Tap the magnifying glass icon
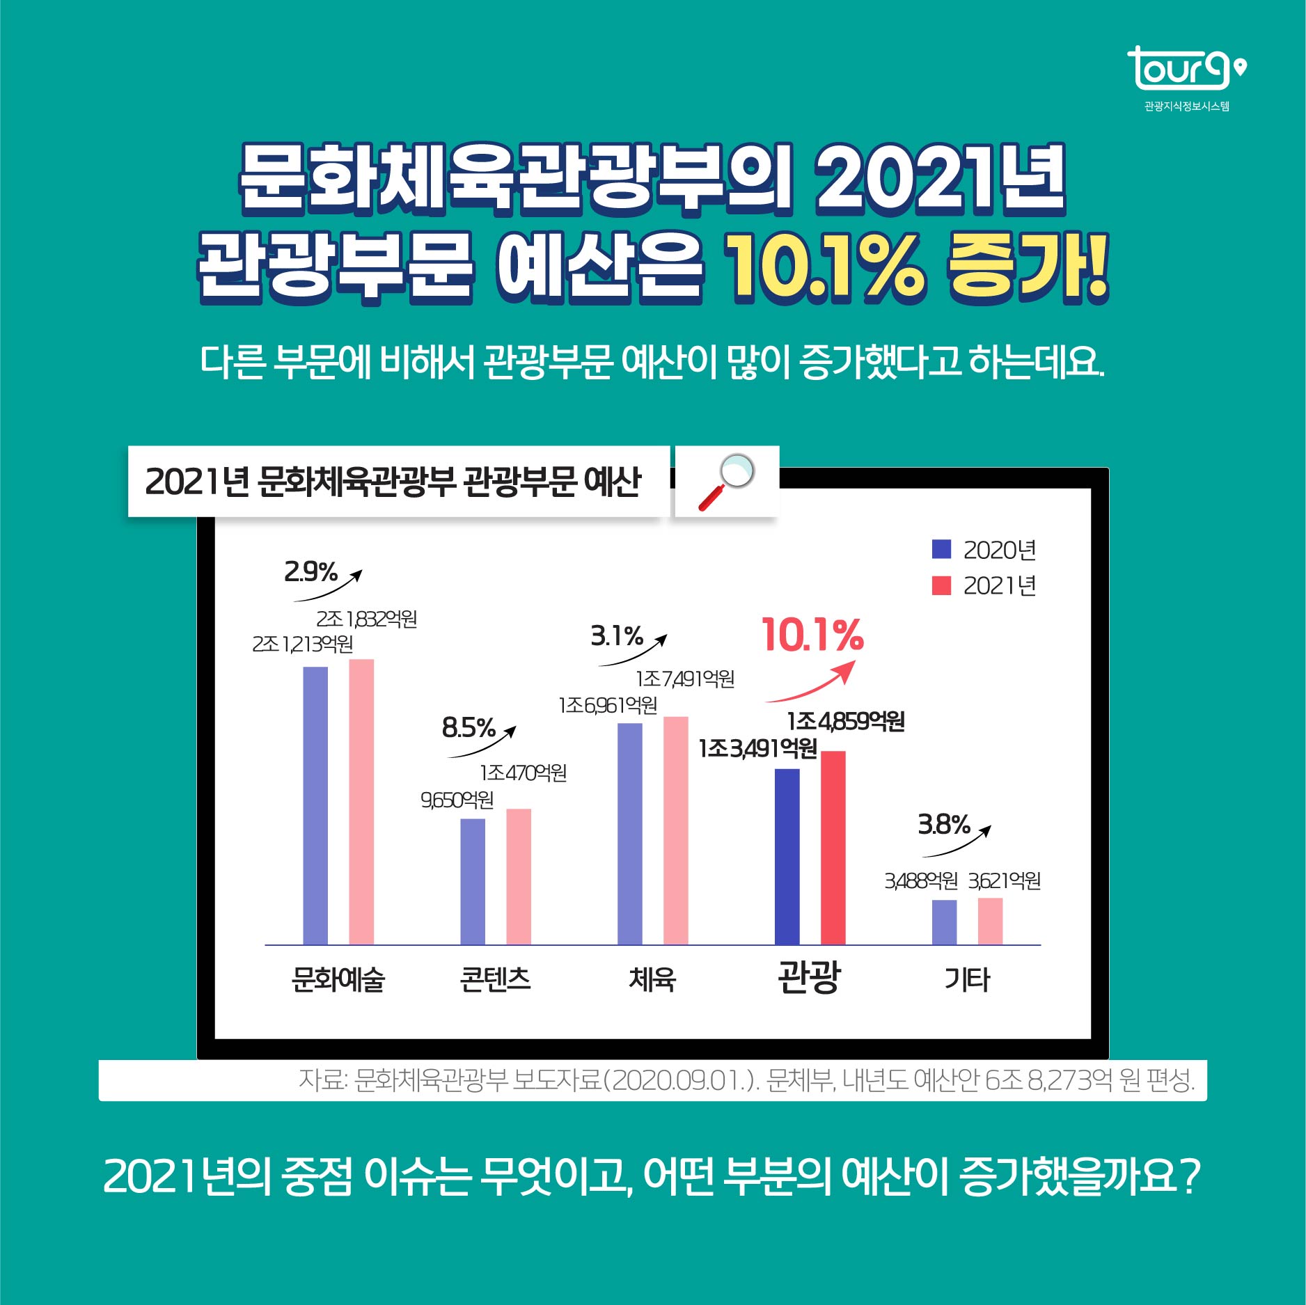click(x=726, y=482)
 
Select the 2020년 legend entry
click(x=984, y=550)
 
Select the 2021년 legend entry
click(x=984, y=586)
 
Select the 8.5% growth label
click(x=469, y=728)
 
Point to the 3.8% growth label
click(x=944, y=825)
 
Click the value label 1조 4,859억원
click(x=846, y=722)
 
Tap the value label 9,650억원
click(x=457, y=800)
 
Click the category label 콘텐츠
click(x=495, y=979)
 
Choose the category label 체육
click(x=652, y=979)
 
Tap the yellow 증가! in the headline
click(x=1027, y=268)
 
